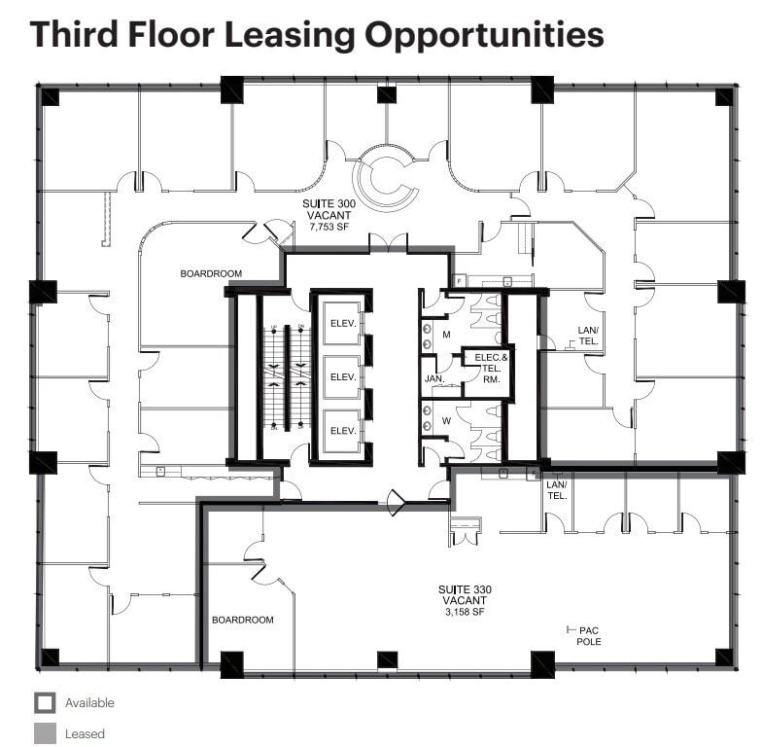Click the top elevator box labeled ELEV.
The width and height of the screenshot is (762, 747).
341,322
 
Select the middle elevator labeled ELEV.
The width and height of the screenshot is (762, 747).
341,376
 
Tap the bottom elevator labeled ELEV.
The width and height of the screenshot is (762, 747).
341,430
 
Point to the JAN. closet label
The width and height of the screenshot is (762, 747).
434,378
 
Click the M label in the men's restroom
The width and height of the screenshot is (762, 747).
446,335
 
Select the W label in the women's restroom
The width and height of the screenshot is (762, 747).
446,421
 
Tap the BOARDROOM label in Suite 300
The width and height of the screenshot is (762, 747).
211,274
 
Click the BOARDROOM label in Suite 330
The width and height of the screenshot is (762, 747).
242,620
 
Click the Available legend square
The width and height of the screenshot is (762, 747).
45,702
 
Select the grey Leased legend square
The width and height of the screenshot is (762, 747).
45,733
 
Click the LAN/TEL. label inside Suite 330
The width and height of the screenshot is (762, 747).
557,489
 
